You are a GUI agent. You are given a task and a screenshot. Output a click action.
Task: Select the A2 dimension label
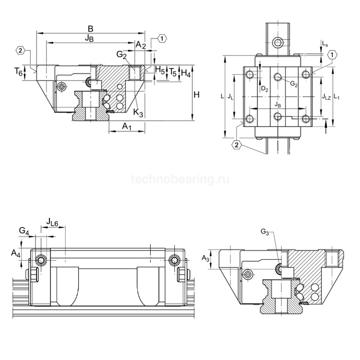pyautogui.click(x=141, y=46)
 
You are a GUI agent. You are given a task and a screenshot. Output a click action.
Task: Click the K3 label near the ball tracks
pyautogui.click(x=138, y=113)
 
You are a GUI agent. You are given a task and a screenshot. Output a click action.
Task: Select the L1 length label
pyautogui.click(x=337, y=96)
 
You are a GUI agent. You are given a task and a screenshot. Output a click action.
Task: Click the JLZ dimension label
pyautogui.click(x=326, y=96)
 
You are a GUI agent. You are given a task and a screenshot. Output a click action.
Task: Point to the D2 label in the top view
pyautogui.click(x=264, y=89)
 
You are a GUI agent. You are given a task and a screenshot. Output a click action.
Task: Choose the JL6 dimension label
pyautogui.click(x=51, y=222)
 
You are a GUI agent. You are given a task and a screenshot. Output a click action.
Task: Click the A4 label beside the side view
pyautogui.click(x=15, y=253)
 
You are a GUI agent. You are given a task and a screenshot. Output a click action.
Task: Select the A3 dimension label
pyautogui.click(x=206, y=257)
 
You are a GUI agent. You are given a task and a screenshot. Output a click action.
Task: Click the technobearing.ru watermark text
pyautogui.click(x=180, y=179)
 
